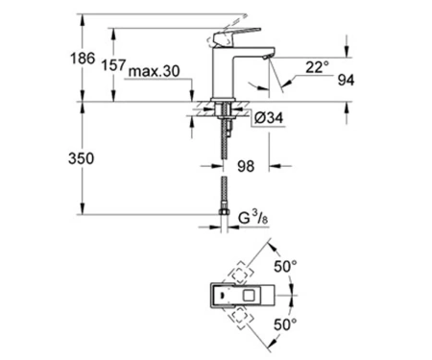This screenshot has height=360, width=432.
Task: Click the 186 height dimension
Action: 83,59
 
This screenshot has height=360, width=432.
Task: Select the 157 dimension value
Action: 113,65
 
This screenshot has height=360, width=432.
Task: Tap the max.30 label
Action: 154,71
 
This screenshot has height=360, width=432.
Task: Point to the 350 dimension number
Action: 82,158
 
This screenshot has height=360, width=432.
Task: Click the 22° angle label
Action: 317,67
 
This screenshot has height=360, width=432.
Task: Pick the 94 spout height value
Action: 346,80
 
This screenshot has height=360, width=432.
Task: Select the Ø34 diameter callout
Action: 269,118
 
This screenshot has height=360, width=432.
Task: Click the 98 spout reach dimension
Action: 246,166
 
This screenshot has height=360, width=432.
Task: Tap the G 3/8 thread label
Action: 253,218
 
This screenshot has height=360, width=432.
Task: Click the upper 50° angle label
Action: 285,266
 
